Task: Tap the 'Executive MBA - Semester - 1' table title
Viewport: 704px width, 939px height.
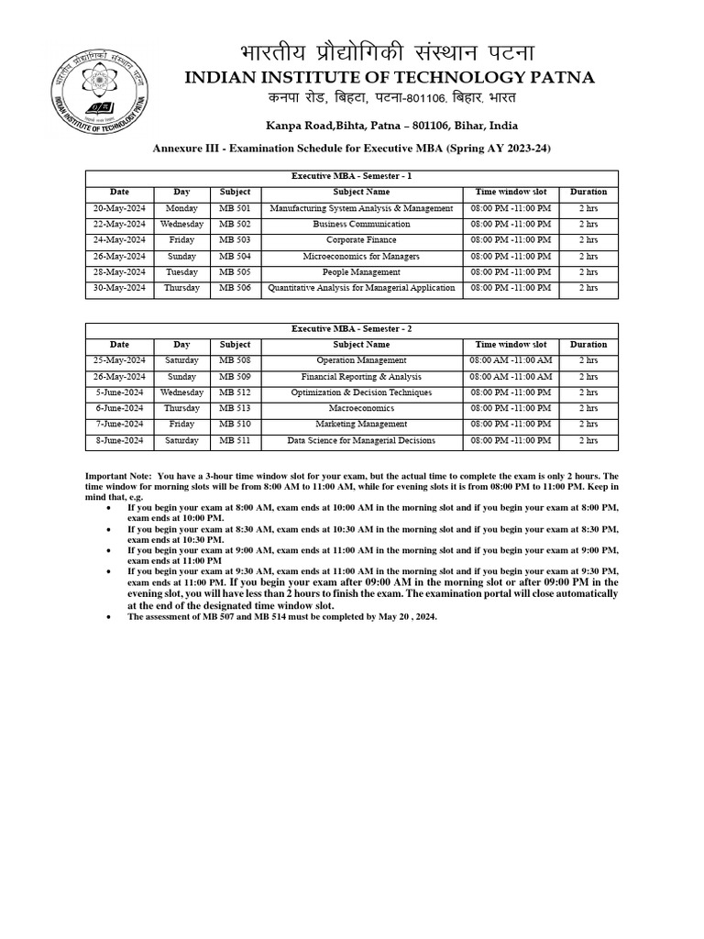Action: point(352,177)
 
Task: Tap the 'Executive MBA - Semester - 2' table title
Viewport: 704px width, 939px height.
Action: point(352,329)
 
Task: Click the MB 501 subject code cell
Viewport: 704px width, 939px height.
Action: point(235,208)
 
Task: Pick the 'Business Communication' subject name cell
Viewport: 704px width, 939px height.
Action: point(361,225)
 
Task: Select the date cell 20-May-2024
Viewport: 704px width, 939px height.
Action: point(120,208)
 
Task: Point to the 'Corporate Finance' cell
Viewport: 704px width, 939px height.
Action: point(361,240)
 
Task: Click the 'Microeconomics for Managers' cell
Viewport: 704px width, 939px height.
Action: point(361,257)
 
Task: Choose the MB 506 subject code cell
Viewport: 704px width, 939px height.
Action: point(235,289)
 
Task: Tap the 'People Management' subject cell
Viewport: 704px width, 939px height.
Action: point(361,272)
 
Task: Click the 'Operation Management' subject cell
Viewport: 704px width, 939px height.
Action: point(361,360)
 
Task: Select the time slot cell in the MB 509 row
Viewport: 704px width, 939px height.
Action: point(511,377)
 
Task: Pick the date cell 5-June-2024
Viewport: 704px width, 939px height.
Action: point(120,392)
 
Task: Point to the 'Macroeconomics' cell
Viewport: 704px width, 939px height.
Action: point(361,409)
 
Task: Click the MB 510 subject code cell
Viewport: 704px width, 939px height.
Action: point(235,425)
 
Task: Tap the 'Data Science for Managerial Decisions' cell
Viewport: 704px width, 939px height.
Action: point(361,441)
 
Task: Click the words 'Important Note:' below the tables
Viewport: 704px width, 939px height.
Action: point(118,477)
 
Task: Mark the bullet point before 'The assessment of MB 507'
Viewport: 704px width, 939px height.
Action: point(110,617)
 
